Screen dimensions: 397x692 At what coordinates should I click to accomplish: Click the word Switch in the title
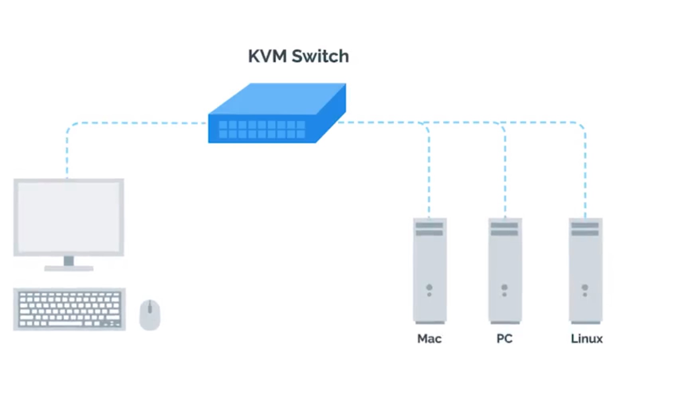(x=320, y=56)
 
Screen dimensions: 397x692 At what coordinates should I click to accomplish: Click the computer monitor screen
(x=69, y=217)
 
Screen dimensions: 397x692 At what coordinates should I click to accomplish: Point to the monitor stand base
(x=69, y=268)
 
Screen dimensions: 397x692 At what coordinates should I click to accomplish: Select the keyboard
(x=69, y=309)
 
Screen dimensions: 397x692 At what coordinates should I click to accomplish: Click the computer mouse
(x=149, y=315)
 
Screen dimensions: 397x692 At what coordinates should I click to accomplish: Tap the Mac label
(x=429, y=339)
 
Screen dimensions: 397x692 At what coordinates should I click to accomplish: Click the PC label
(x=504, y=339)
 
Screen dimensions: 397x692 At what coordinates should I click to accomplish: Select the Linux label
(x=586, y=339)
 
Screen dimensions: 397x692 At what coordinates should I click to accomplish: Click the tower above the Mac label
(x=429, y=271)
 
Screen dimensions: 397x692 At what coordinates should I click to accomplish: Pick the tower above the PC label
(x=505, y=271)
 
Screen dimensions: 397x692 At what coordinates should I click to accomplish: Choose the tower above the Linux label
(x=585, y=271)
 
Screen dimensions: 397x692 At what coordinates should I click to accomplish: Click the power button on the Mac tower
(x=429, y=287)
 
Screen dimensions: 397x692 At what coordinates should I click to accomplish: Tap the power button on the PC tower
(x=505, y=287)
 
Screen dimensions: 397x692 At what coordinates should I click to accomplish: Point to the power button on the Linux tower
(x=585, y=287)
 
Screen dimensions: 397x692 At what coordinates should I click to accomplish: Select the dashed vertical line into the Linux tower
(x=585, y=175)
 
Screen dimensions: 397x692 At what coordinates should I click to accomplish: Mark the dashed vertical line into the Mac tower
(x=429, y=175)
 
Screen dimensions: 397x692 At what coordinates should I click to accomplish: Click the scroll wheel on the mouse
(x=149, y=307)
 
